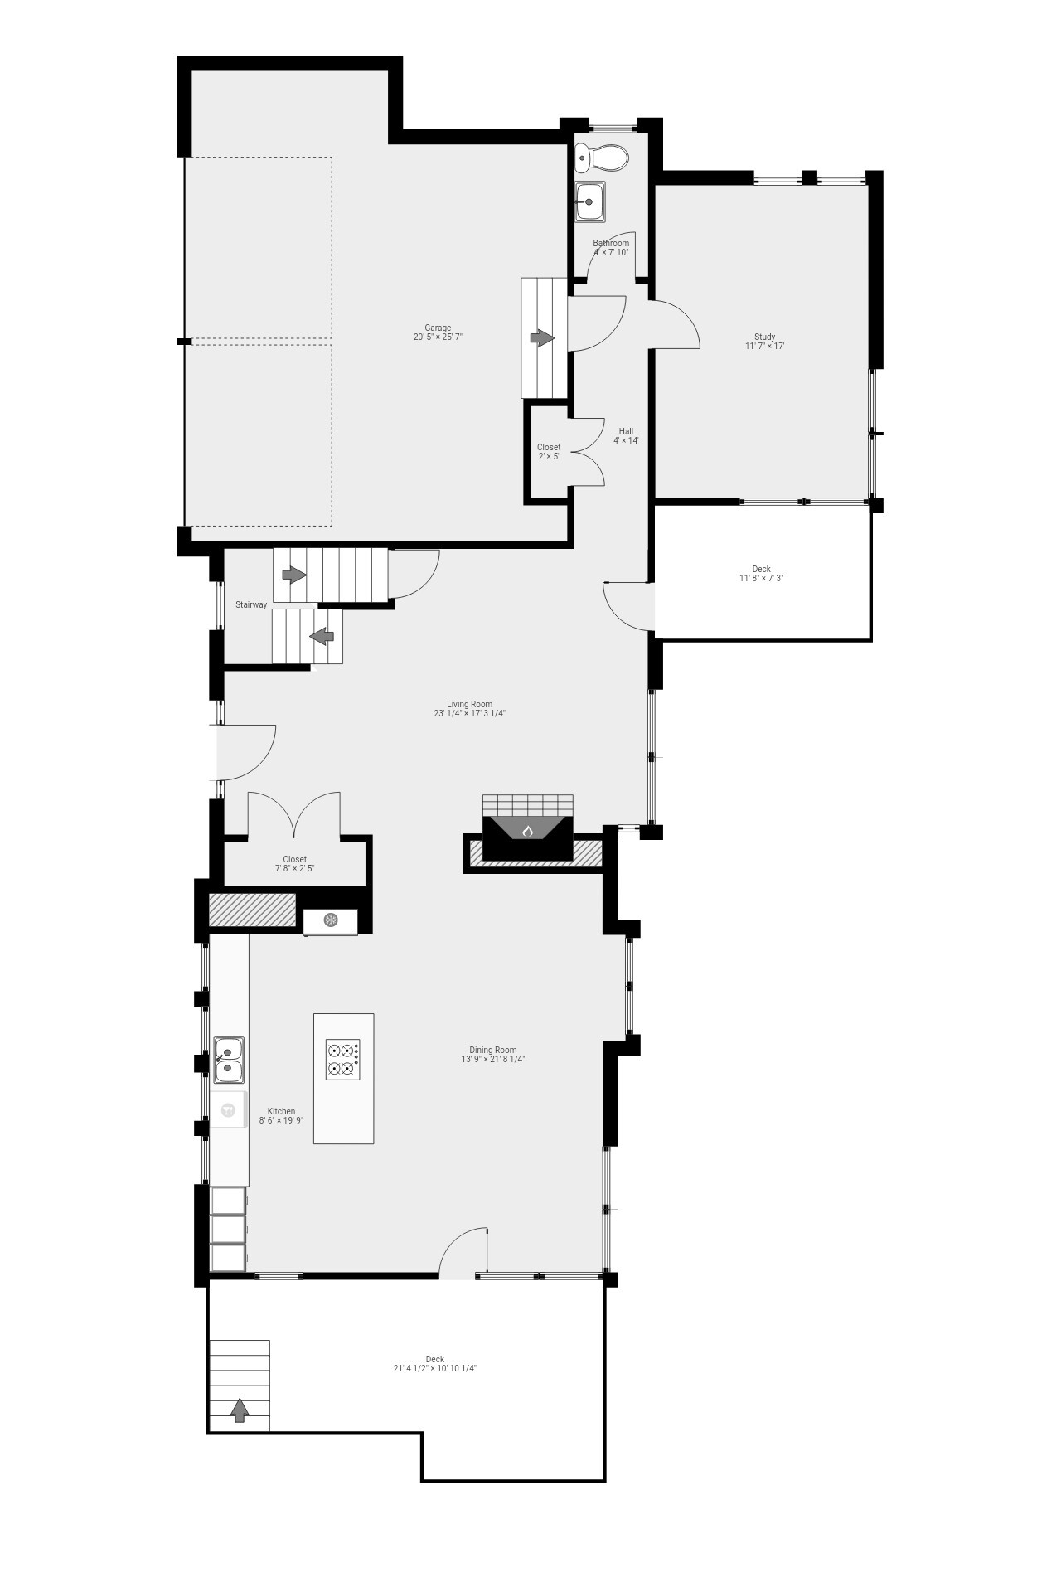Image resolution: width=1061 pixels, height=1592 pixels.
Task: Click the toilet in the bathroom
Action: click(x=603, y=156)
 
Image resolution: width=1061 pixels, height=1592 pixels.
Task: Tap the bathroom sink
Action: click(x=590, y=201)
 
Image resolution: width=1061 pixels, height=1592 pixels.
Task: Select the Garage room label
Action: click(x=438, y=328)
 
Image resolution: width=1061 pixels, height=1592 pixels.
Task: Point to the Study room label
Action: click(x=764, y=337)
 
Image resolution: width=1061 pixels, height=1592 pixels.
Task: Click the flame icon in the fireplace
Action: click(x=527, y=830)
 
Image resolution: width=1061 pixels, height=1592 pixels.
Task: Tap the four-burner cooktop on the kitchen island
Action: click(x=343, y=1059)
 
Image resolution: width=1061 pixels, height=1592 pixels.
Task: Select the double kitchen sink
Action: click(x=228, y=1061)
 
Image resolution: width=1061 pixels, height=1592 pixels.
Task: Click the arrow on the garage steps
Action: click(x=542, y=338)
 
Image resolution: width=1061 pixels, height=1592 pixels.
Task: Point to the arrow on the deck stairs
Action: click(x=240, y=1410)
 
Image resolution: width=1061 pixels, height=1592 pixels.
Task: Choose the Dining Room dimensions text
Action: click(x=493, y=1059)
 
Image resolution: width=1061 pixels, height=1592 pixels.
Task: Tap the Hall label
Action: click(x=626, y=431)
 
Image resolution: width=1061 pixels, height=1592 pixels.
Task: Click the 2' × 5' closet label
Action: click(x=548, y=448)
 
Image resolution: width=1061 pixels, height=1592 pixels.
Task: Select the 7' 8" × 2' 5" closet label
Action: click(x=294, y=860)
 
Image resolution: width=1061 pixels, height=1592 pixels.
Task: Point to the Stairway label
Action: click(x=251, y=605)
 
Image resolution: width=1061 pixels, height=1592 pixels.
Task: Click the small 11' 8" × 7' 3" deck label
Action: click(x=761, y=570)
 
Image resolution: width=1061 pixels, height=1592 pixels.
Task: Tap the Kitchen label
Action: click(x=281, y=1112)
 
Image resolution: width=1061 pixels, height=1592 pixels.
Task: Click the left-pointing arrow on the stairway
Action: click(x=322, y=636)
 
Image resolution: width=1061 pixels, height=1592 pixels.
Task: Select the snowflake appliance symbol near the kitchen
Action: click(x=330, y=920)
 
